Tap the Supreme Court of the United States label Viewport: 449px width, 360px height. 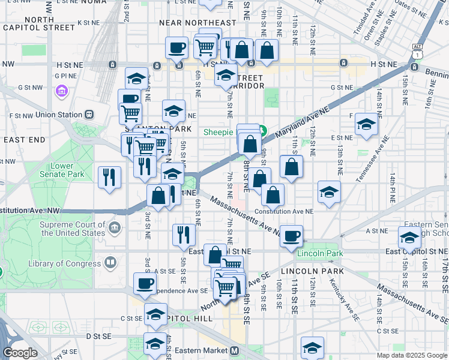tap(72, 229)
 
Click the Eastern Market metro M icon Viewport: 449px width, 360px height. tap(235, 350)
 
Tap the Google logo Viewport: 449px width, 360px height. tap(19, 352)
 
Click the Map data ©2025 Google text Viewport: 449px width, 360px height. tap(411, 355)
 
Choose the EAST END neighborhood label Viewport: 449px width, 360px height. tap(24, 139)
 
